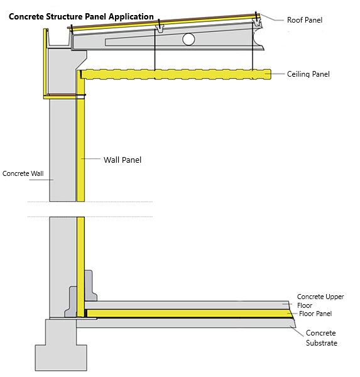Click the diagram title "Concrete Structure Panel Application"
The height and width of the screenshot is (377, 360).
(81, 17)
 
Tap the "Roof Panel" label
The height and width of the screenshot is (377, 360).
(305, 20)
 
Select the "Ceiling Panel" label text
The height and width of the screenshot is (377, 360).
(308, 74)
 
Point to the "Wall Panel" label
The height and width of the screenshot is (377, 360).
(123, 160)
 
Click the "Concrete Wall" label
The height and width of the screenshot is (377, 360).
(23, 173)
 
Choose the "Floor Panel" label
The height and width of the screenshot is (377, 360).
(315, 314)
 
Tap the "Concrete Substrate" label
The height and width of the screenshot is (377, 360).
(321, 338)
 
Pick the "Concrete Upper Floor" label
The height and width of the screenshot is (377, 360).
(320, 301)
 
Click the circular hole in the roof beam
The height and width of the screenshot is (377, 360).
(188, 39)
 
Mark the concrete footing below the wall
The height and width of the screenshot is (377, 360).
(61, 345)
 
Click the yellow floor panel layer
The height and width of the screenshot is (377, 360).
(188, 314)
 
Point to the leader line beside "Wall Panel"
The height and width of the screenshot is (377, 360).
(90, 159)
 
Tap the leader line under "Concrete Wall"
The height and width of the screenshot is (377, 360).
(41, 180)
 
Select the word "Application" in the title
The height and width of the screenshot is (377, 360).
(131, 17)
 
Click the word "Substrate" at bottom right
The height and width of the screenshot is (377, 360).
(322, 343)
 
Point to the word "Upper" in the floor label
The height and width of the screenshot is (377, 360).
(335, 297)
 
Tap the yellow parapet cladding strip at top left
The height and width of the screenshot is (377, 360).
(45, 63)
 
